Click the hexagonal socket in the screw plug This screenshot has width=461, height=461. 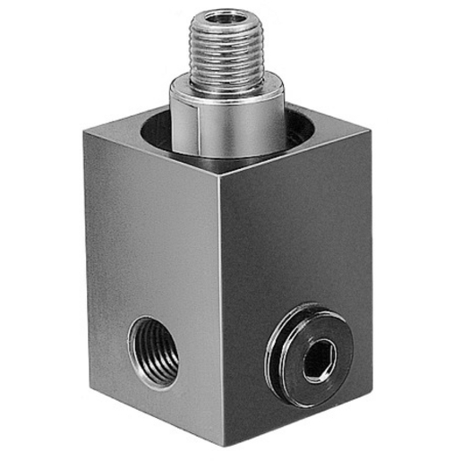[x=316, y=362]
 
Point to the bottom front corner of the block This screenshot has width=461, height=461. [x=222, y=448]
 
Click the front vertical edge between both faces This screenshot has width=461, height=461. [x=221, y=313]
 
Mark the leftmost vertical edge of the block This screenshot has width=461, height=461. [x=86, y=260]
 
